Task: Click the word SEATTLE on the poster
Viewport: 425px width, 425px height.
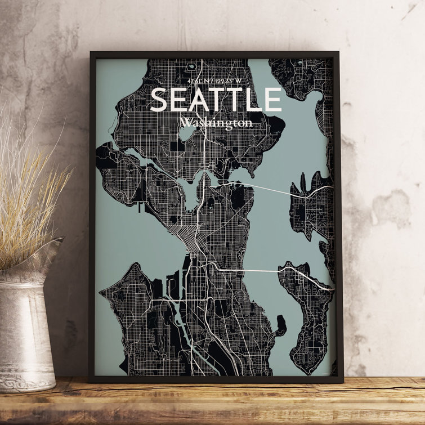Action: coord(216,100)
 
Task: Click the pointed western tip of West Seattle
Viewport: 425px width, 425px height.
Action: coord(101,292)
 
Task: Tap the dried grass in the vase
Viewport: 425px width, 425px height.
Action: coord(28,186)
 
